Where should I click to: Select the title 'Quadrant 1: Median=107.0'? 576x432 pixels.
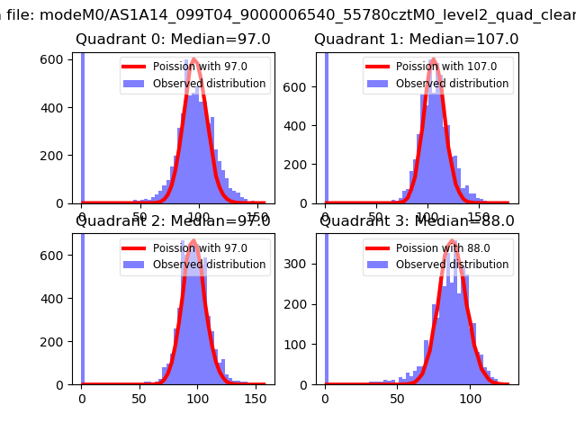point(416,40)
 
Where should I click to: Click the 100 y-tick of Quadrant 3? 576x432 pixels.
point(302,345)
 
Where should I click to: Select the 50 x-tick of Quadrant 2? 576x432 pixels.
point(139,397)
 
